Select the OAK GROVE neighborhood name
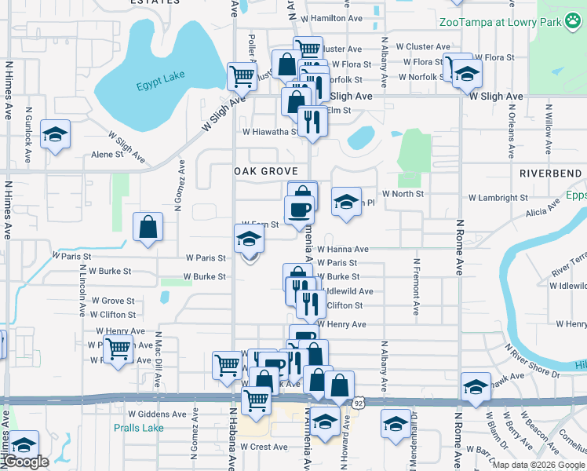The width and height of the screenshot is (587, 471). point(265,171)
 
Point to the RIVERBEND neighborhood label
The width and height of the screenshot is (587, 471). point(550,173)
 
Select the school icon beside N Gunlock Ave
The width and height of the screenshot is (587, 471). point(56,136)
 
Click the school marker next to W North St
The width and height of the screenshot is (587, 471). point(346,202)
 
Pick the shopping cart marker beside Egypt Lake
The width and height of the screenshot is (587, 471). point(242,77)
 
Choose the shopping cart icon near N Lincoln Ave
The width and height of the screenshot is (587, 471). point(118,347)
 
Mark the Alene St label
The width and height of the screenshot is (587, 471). point(108,155)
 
